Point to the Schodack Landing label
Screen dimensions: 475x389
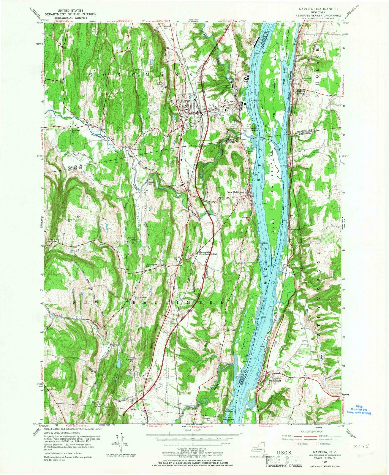click(x=299, y=92)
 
